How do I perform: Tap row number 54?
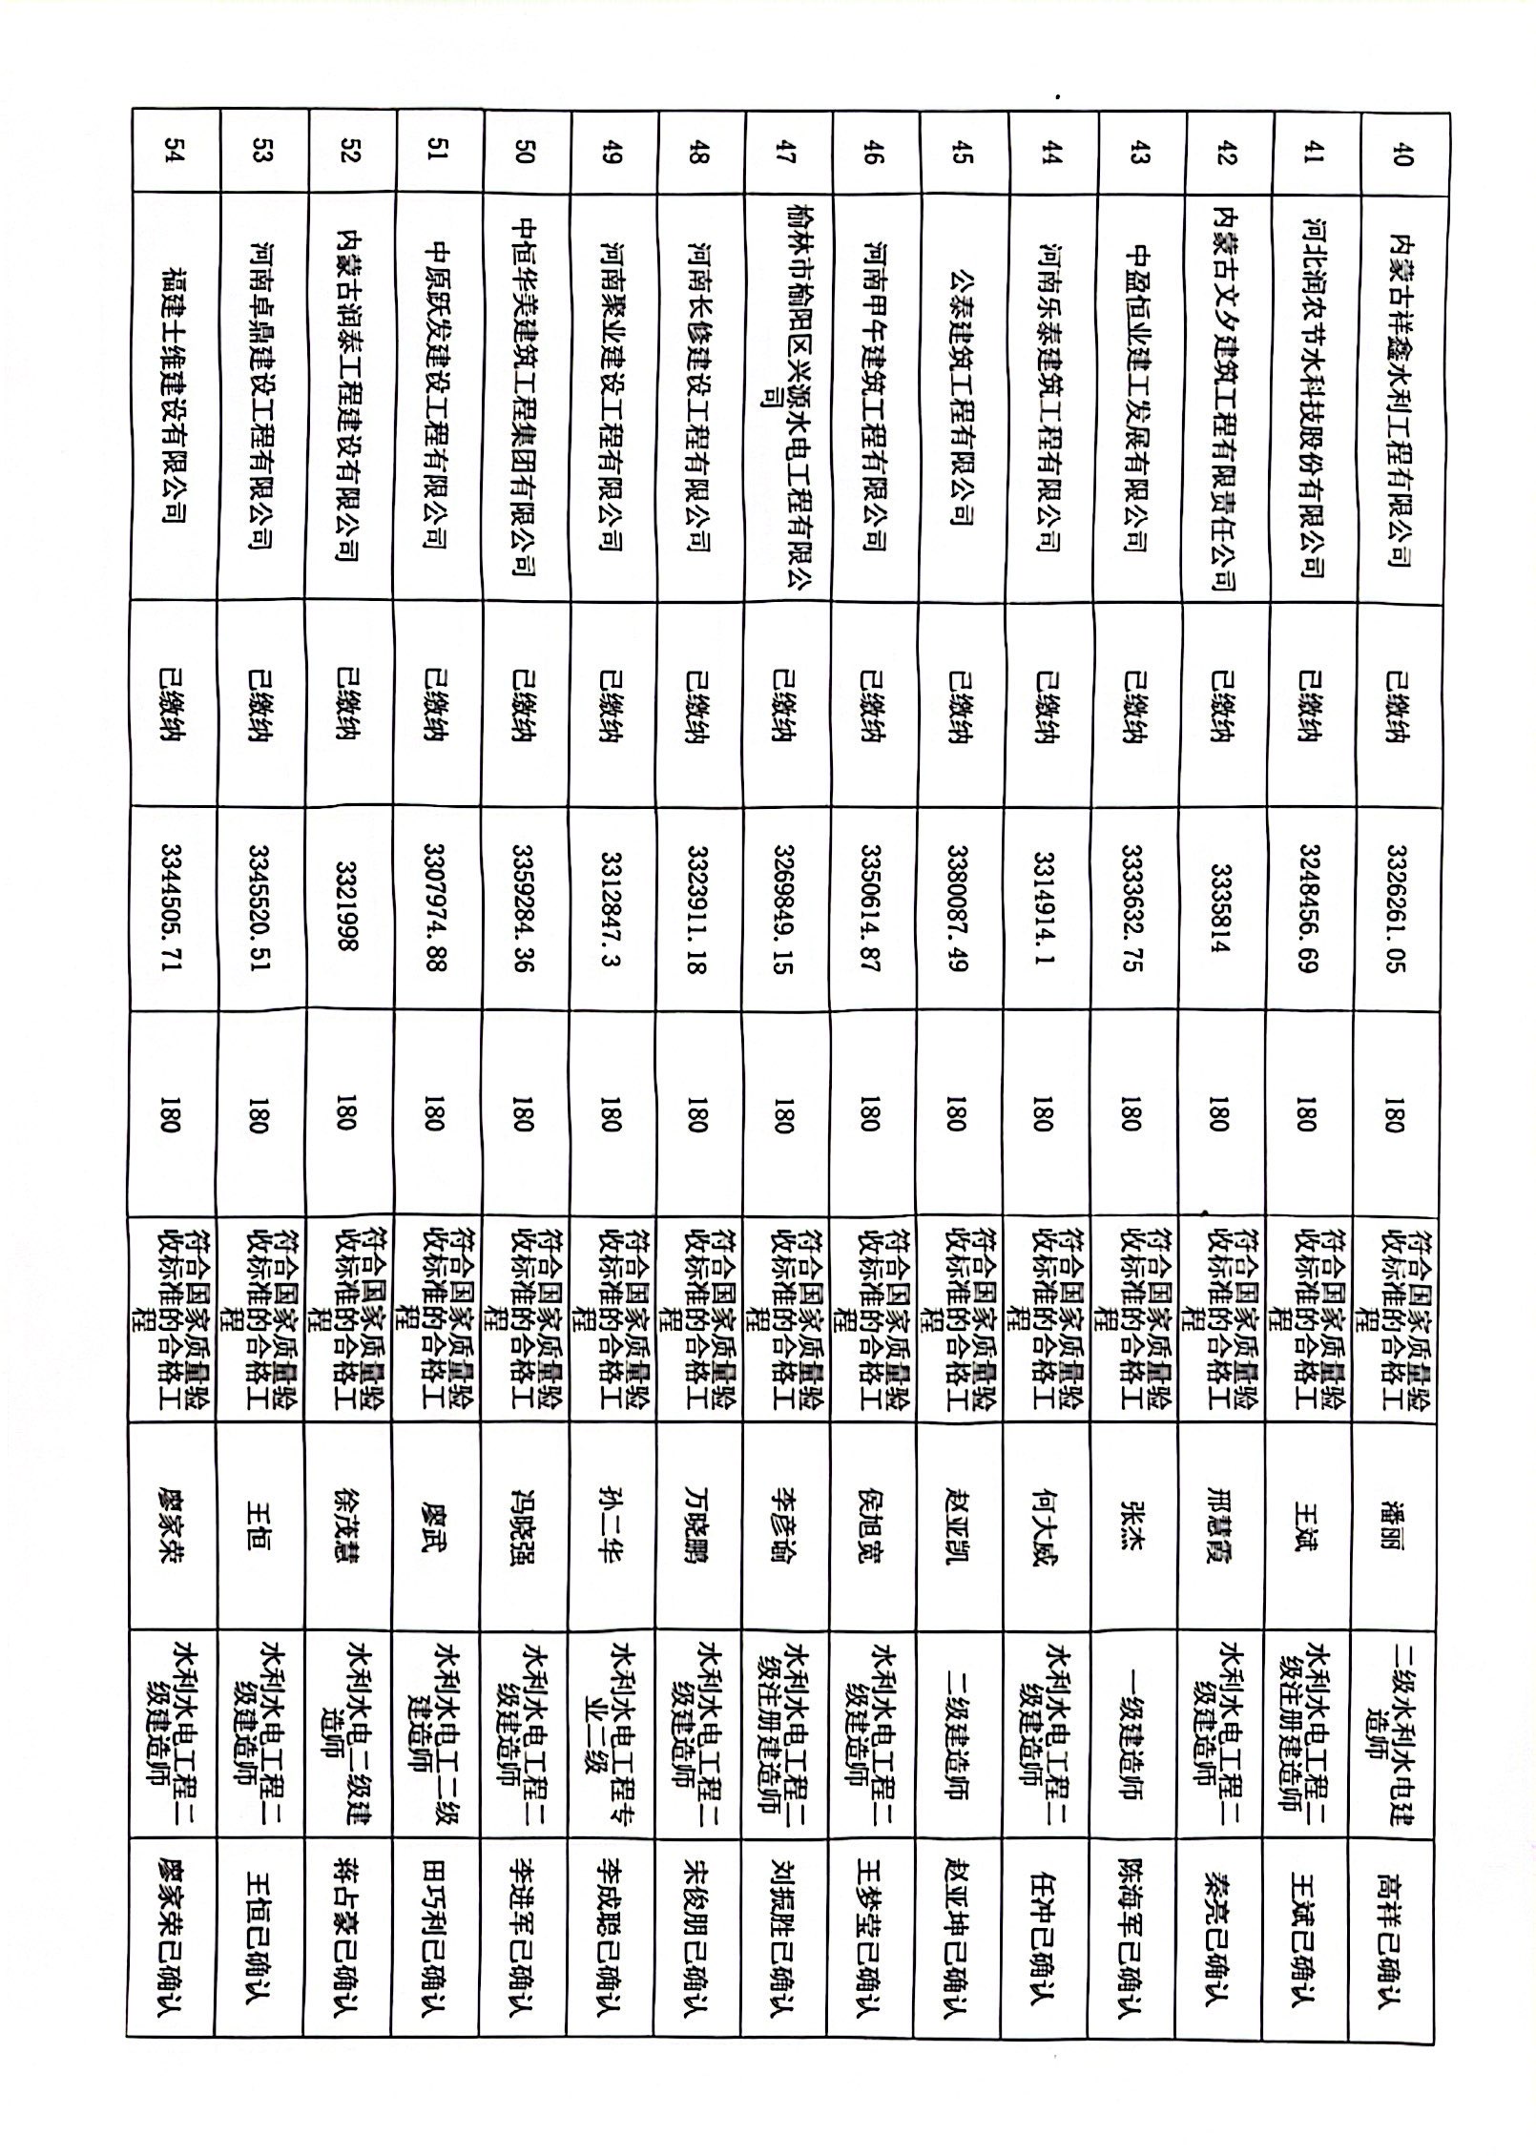click(173, 153)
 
